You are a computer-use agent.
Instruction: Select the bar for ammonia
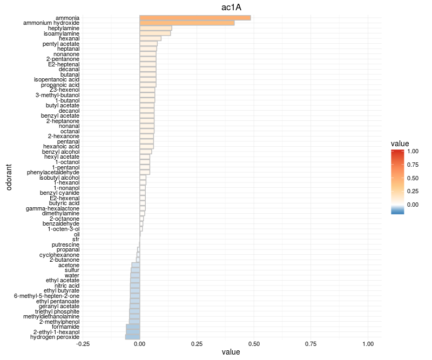coord(195,18)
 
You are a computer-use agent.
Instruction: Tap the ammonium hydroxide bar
coord(187,23)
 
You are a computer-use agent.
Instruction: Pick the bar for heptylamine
coord(156,28)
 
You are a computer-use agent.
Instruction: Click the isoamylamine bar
coord(155,33)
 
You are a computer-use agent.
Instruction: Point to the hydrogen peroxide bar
coord(133,337)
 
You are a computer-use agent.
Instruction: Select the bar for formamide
coord(133,327)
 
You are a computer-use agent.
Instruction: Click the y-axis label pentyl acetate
coord(61,44)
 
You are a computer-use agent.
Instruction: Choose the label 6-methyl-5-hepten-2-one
coord(46,296)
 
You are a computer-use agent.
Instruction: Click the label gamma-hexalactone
coord(53,208)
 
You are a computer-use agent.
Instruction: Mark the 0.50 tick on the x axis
coord(254,344)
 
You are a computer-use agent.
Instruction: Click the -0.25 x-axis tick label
coord(83,344)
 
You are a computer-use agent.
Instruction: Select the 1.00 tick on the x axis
coord(368,344)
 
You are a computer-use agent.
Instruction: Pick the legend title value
coord(400,144)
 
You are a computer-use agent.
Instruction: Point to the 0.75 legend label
coord(413,165)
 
